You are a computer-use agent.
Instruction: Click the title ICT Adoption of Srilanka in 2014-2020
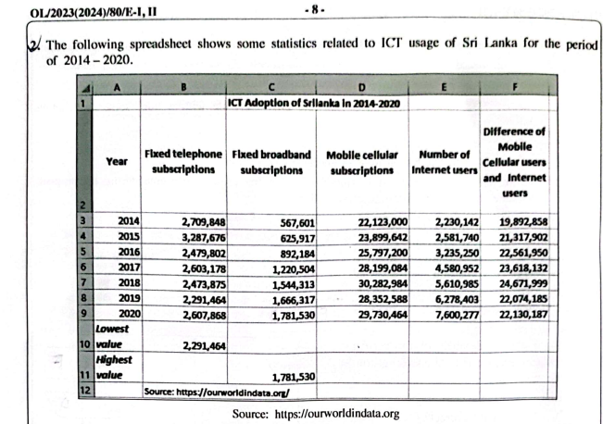point(314,103)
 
